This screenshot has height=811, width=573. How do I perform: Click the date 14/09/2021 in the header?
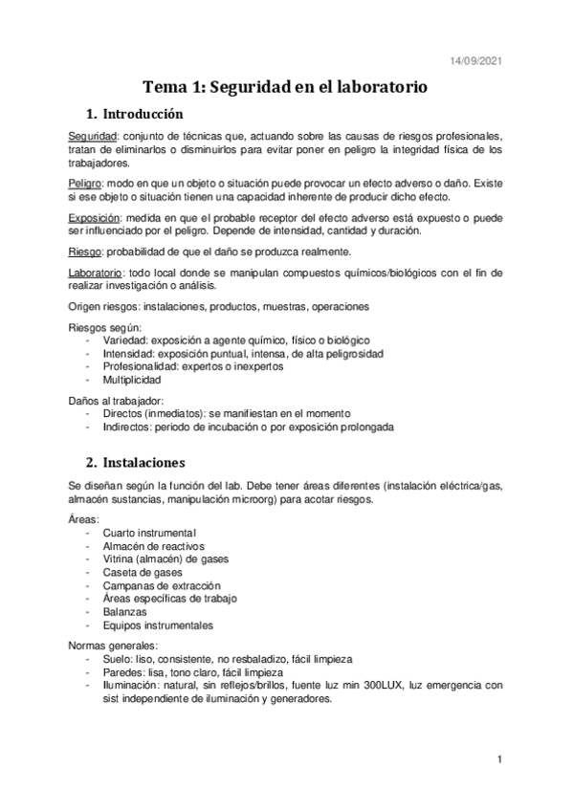click(x=474, y=61)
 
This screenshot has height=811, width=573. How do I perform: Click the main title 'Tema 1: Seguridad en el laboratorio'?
click(x=286, y=86)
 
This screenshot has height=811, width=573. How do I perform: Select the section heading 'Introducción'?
click(x=154, y=113)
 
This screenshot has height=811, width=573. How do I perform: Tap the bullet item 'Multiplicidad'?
click(x=133, y=380)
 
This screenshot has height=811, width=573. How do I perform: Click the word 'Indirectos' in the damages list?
click(x=127, y=427)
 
